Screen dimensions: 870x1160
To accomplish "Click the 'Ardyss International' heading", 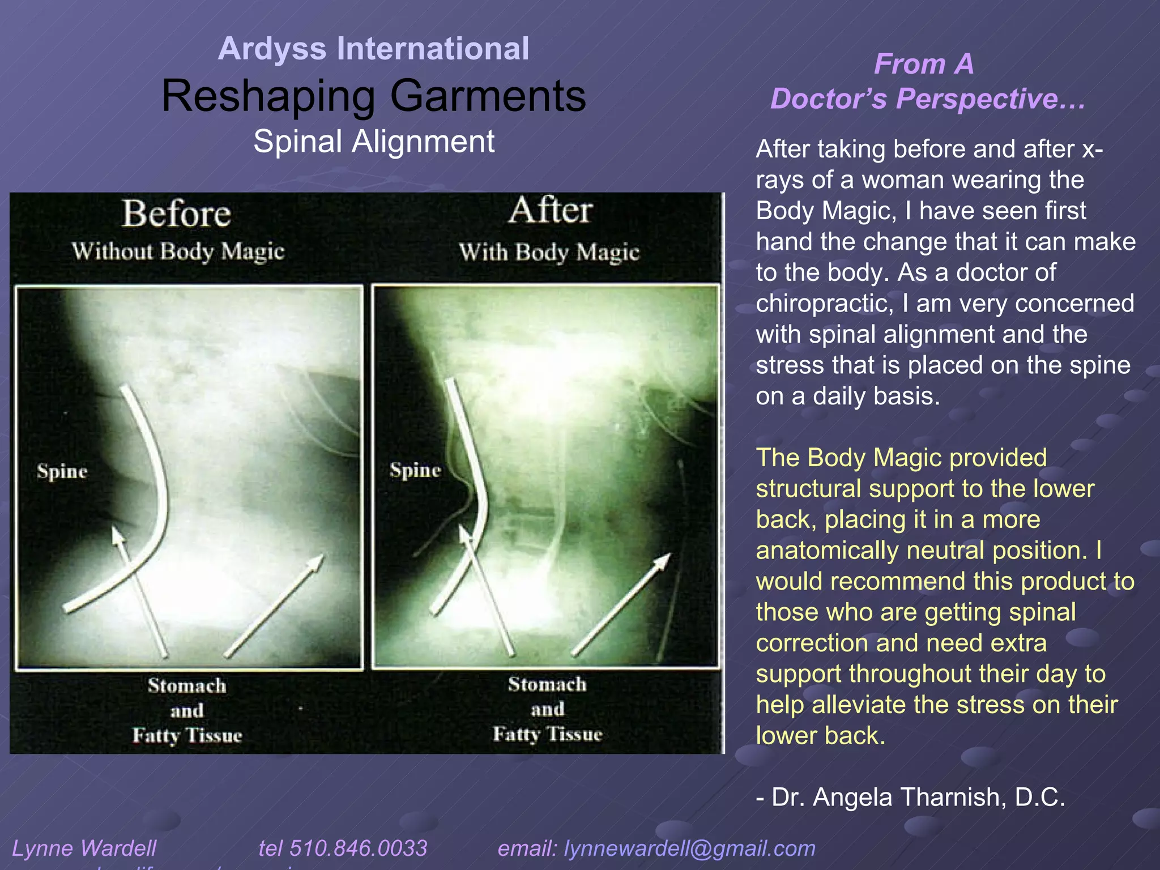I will point(373,49).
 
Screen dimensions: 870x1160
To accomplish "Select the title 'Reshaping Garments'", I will point(373,96).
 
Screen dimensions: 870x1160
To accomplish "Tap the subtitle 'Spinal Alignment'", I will point(373,142).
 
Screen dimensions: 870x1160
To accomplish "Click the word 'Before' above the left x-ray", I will point(177,214).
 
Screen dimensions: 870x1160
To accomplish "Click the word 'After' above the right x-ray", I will point(551,211).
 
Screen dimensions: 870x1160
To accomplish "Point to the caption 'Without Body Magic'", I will point(178,251).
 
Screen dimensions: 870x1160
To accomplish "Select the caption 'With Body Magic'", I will point(549,252).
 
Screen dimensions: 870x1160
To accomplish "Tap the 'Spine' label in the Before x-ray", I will point(62,471).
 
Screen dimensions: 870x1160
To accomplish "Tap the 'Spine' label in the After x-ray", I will point(415,470).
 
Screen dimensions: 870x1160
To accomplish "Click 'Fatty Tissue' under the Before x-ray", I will point(187,735).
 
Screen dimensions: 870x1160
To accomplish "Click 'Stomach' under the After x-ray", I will point(547,684).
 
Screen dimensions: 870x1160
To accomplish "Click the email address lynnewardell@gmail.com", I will point(689,848).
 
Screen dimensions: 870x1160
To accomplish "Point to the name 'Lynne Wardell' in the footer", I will point(84,848).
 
